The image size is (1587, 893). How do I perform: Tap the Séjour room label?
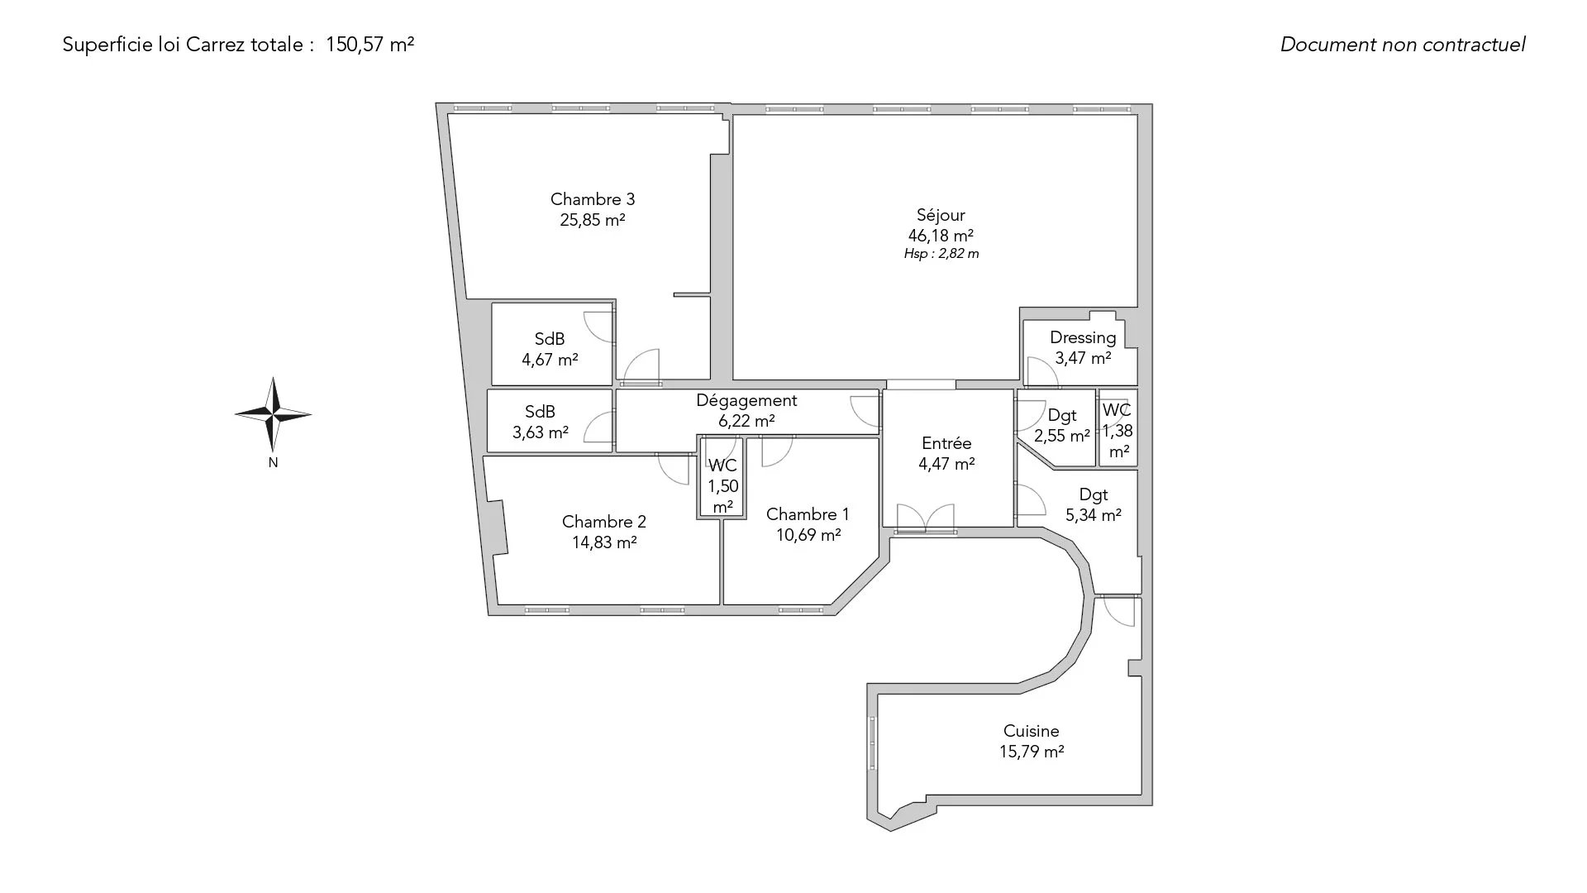pyautogui.click(x=941, y=215)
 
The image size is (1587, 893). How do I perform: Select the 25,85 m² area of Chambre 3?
pyautogui.click(x=592, y=220)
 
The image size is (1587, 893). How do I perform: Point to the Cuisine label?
pyautogui.click(x=1031, y=731)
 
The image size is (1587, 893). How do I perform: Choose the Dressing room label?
pyautogui.click(x=1083, y=337)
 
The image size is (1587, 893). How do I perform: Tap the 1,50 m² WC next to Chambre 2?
pyautogui.click(x=722, y=486)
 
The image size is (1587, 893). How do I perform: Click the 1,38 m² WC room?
pyautogui.click(x=1118, y=429)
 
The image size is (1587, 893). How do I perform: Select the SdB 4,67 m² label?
pyautogui.click(x=550, y=349)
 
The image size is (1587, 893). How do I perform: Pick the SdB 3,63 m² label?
pyautogui.click(x=541, y=422)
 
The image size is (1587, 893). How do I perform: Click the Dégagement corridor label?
pyautogui.click(x=746, y=400)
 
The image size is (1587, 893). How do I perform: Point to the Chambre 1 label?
pyautogui.click(x=808, y=514)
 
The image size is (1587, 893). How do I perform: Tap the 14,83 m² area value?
pyautogui.click(x=604, y=542)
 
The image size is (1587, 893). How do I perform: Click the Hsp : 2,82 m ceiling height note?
pyautogui.click(x=941, y=254)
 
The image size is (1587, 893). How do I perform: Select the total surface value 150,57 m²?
pyautogui.click(x=370, y=45)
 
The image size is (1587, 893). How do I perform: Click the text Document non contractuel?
pyautogui.click(x=1403, y=45)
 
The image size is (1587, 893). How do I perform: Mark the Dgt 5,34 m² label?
pyautogui.click(x=1094, y=504)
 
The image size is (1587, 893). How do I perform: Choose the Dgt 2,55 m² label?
pyautogui.click(x=1062, y=425)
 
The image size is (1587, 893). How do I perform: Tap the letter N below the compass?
pyautogui.click(x=273, y=463)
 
